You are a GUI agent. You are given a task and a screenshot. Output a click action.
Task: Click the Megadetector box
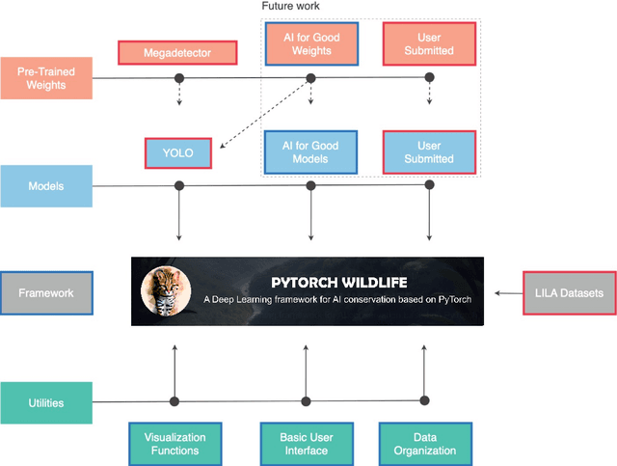click(178, 53)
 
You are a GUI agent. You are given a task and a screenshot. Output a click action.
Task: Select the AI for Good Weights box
click(310, 43)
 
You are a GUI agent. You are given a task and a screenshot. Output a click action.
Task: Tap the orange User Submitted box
click(429, 43)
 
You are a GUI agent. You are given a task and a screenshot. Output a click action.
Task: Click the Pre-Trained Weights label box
click(46, 79)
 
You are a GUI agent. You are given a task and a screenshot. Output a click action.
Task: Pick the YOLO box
click(178, 152)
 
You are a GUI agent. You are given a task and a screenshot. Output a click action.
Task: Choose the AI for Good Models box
click(310, 152)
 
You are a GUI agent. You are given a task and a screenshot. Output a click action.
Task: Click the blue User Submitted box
click(429, 152)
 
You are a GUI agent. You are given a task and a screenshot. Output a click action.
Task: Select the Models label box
click(46, 185)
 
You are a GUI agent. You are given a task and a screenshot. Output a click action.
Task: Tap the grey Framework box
click(46, 292)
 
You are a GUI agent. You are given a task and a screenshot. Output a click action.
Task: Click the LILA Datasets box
click(569, 292)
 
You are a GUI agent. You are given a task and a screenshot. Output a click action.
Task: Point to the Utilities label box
click(46, 401)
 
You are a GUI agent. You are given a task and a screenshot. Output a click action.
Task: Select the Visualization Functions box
click(174, 444)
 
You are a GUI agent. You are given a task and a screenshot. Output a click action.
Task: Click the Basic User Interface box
click(307, 444)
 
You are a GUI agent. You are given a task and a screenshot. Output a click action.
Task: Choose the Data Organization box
click(424, 444)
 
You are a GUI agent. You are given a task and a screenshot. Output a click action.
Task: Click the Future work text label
click(291, 7)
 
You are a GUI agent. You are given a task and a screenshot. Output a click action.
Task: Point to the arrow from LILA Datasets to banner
click(507, 292)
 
